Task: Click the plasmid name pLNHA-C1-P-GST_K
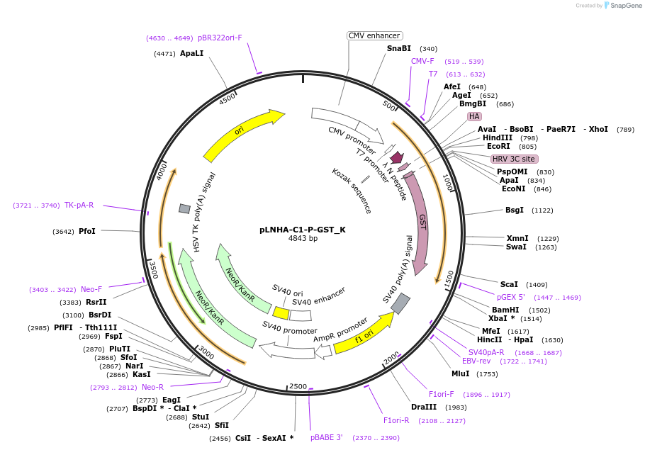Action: tap(303, 230)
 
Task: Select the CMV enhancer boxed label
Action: tap(374, 35)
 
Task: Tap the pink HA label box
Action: tap(474, 116)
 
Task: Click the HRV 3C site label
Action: tap(514, 159)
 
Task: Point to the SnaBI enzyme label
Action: tap(398, 48)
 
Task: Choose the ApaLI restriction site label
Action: tap(191, 53)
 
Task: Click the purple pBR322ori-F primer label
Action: tap(220, 38)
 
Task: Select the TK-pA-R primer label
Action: tap(79, 205)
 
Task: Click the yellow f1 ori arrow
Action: tap(363, 334)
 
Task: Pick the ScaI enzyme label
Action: tap(509, 284)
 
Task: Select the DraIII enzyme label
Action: tap(424, 407)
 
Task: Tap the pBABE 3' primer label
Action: tap(327, 437)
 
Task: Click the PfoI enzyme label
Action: tap(87, 231)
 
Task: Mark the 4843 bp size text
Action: tap(303, 239)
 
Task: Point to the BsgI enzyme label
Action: tap(515, 210)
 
